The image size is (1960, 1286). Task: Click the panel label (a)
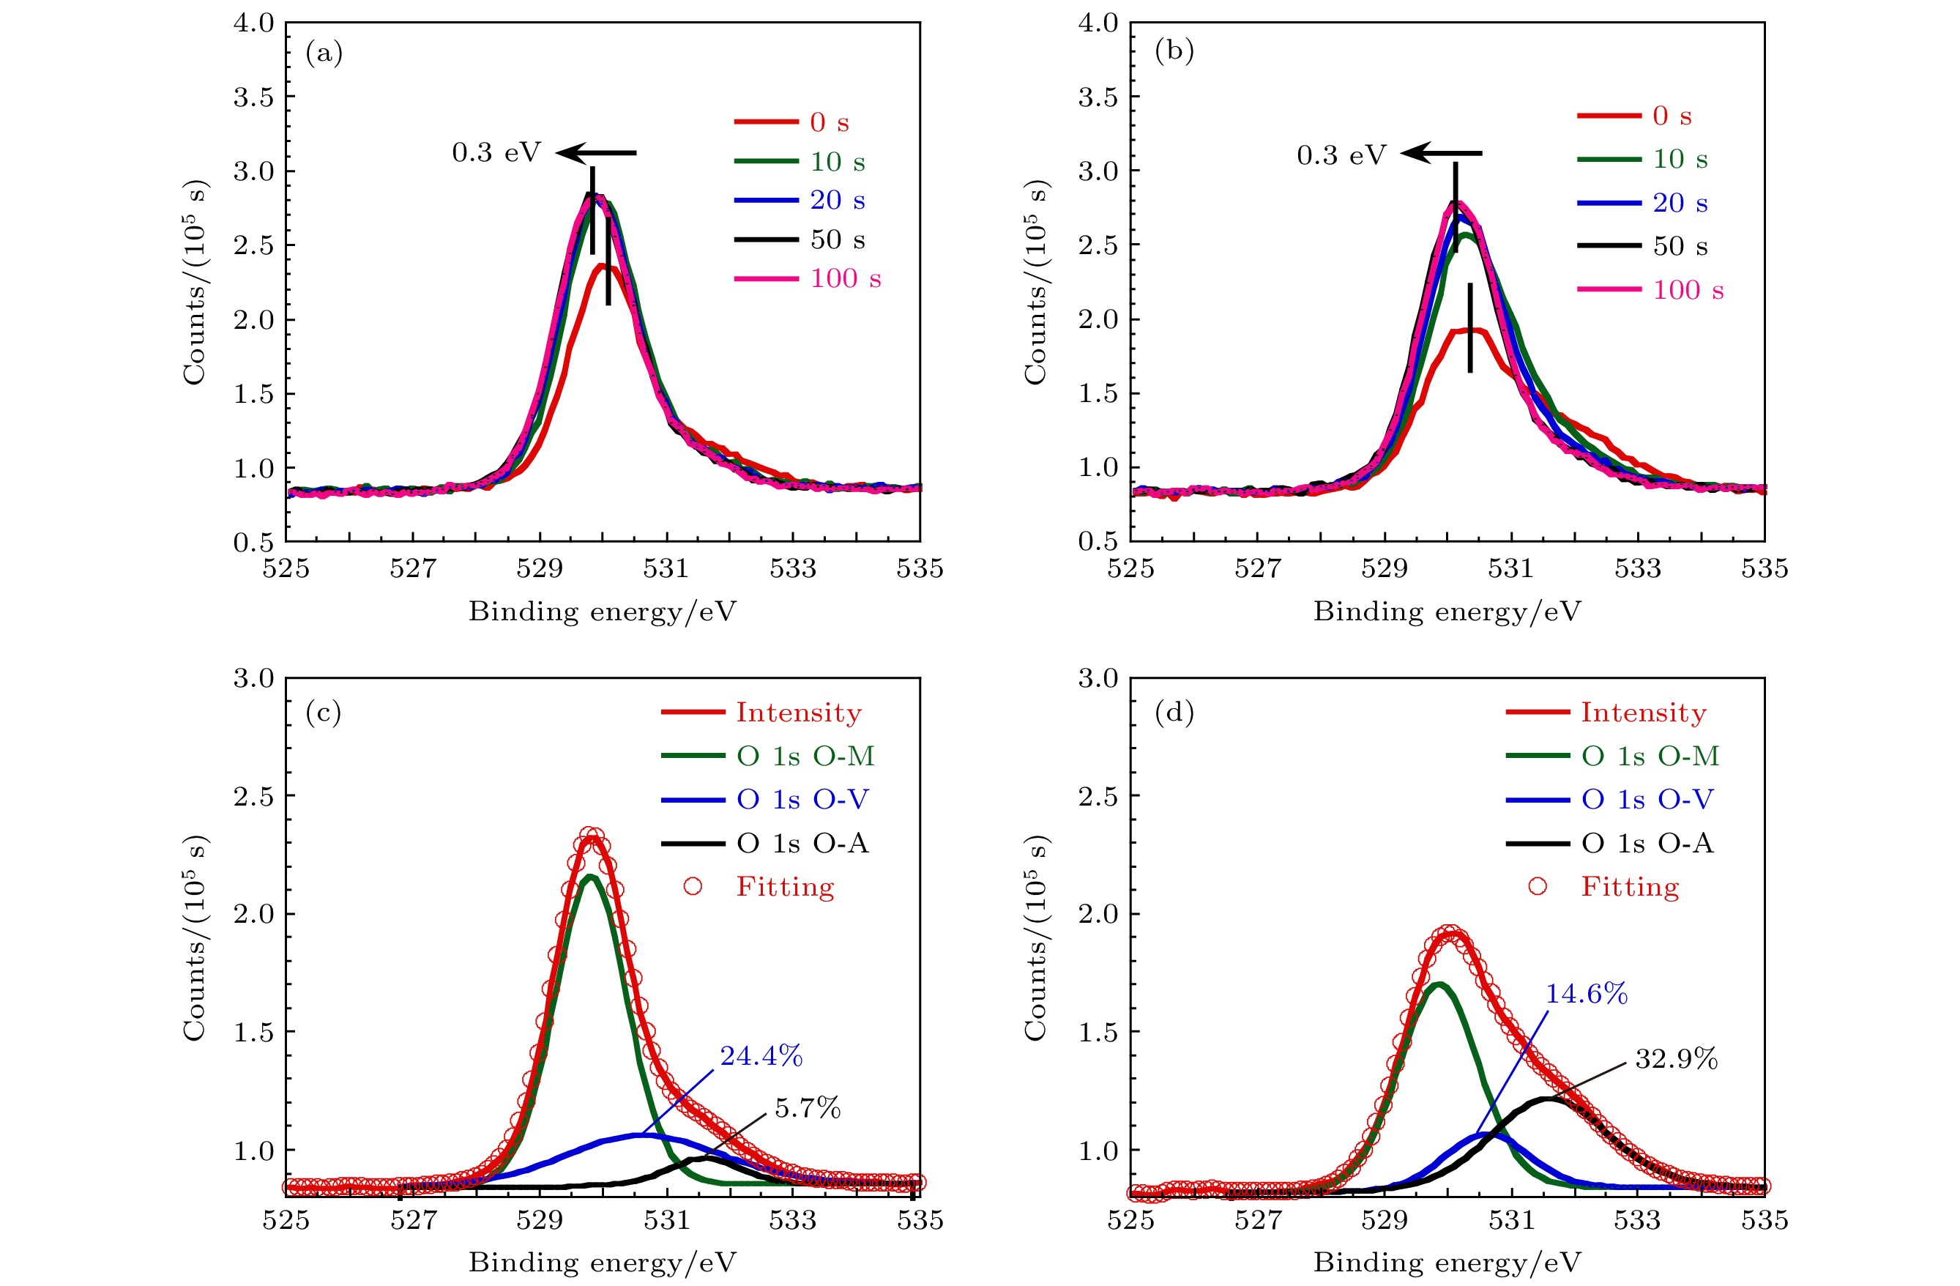324,53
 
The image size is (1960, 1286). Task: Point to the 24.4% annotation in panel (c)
761,1056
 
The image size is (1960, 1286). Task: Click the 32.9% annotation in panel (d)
1676,1059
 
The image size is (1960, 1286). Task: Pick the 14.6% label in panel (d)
1586,995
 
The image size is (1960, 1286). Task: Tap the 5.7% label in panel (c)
807,1108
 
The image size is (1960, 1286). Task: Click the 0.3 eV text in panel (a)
496,153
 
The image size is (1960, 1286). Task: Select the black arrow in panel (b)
1441,153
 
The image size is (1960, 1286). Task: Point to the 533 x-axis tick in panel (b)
1637,568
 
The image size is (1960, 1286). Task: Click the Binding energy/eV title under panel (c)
602,1262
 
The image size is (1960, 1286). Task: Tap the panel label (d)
1174,713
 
